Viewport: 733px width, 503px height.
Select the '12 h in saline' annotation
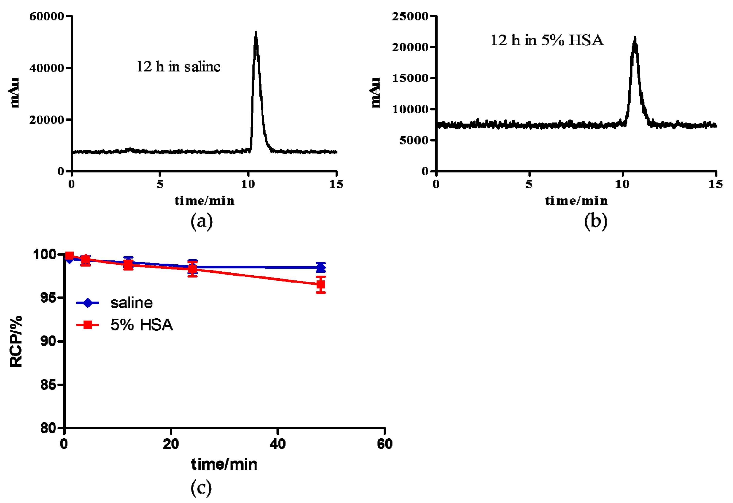click(x=179, y=67)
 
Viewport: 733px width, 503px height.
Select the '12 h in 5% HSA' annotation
click(x=547, y=40)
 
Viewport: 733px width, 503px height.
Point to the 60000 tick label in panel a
click(x=47, y=16)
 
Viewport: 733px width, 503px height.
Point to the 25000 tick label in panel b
click(x=410, y=16)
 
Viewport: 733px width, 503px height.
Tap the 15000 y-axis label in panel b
click(x=410, y=78)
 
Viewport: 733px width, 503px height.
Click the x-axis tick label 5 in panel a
click(x=160, y=184)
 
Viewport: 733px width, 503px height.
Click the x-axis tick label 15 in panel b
click(x=715, y=184)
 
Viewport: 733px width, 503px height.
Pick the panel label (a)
click(x=202, y=221)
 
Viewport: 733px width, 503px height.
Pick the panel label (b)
click(x=596, y=221)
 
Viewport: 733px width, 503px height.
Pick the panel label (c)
click(x=201, y=488)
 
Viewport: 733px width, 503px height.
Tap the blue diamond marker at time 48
click(x=321, y=268)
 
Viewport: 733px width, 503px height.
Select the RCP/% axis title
click(x=16, y=341)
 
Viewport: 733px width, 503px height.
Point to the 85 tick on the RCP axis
click(x=48, y=385)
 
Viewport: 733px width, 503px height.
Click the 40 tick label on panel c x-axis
click(x=277, y=444)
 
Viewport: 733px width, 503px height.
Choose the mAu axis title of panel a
click(x=14, y=93)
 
